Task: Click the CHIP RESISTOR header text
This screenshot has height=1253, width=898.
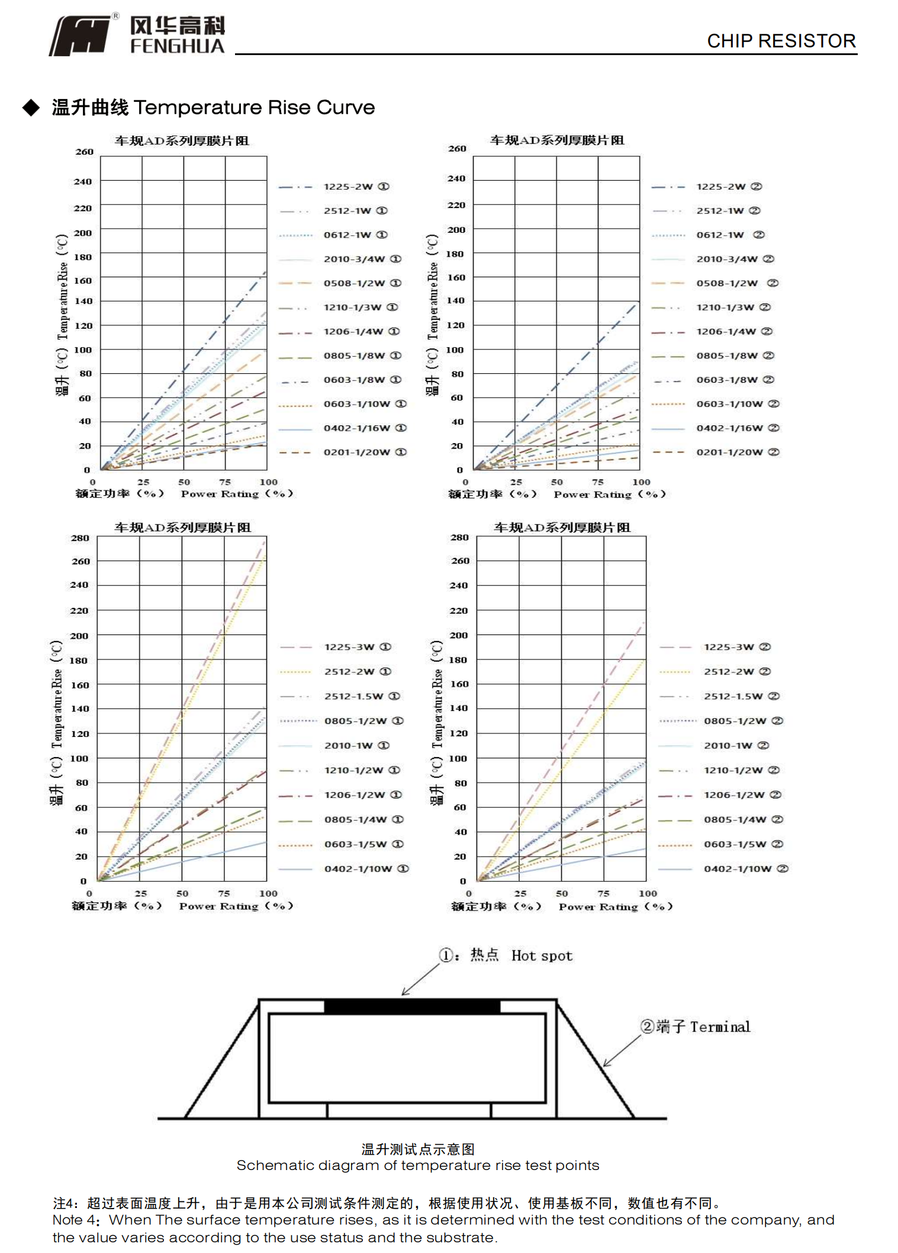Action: pos(781,41)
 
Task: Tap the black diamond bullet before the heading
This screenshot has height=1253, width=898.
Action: pos(31,107)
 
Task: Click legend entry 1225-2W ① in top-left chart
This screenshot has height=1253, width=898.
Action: pos(356,187)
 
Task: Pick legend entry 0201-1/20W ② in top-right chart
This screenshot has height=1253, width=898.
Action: pos(737,452)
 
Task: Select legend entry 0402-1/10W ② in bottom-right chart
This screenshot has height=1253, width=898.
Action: pos(745,869)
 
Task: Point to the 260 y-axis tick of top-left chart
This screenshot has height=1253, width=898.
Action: pos(85,152)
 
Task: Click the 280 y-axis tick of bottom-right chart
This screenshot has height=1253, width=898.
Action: pos(459,537)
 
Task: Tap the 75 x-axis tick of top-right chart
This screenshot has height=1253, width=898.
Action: pos(598,482)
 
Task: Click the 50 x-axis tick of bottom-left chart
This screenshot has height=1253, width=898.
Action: pos(182,893)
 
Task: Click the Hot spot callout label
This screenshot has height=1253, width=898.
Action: pos(541,956)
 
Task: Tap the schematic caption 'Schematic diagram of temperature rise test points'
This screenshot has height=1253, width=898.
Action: pos(417,1165)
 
